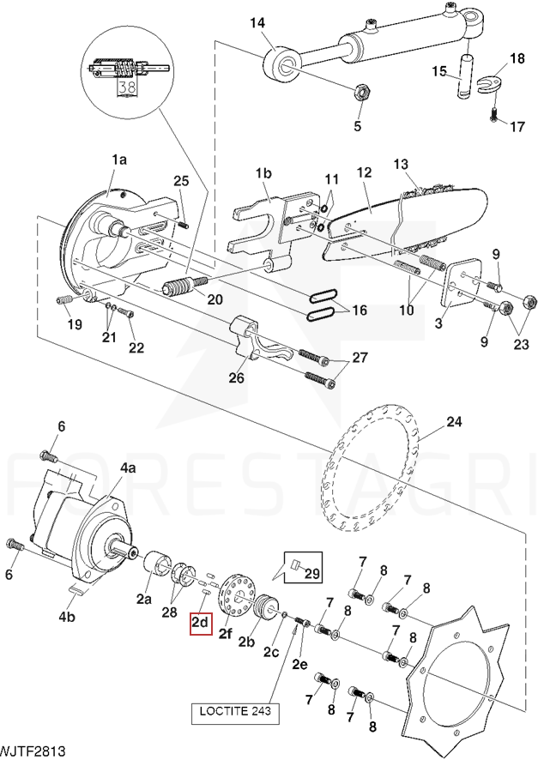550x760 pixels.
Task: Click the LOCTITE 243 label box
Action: pos(233,712)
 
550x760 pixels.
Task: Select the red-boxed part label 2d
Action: pos(200,622)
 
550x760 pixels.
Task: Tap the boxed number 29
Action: pos(311,572)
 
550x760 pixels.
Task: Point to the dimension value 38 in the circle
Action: pos(126,87)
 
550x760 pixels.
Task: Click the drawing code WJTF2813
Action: pos(33,751)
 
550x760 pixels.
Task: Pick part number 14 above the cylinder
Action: pos(257,23)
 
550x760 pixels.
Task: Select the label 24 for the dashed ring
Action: pos(454,421)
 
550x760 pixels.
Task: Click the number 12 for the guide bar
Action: pos(364,172)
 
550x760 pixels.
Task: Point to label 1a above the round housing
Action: pos(118,160)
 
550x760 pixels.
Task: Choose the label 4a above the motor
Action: pos(128,467)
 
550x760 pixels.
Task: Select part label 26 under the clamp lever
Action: pos(235,378)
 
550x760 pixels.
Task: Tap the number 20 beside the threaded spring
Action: pos(214,299)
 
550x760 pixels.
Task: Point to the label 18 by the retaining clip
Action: pos(517,58)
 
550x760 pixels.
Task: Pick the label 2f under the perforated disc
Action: pos(226,635)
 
